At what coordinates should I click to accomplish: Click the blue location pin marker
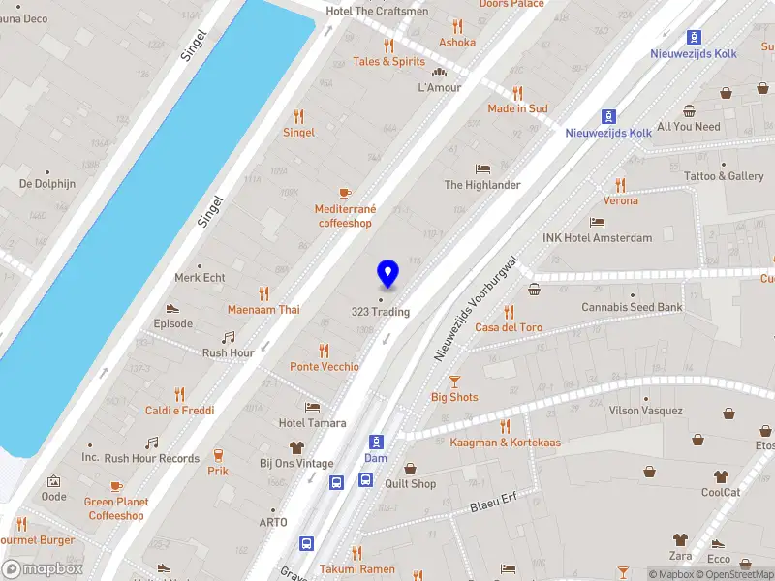(x=387, y=274)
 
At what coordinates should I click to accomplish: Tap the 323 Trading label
(x=380, y=312)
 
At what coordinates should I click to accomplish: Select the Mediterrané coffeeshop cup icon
(x=344, y=193)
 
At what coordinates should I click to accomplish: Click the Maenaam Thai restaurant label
(x=263, y=310)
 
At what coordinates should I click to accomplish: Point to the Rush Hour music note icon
(x=229, y=337)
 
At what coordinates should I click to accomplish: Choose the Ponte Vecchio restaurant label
(x=324, y=367)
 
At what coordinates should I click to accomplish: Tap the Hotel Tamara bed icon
(x=312, y=407)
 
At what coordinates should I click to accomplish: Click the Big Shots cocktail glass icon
(x=454, y=382)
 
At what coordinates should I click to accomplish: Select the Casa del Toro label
(x=509, y=327)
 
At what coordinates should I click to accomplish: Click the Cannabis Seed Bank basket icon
(x=534, y=290)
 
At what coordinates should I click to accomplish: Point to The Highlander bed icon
(x=482, y=168)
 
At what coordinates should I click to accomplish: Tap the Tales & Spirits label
(x=388, y=61)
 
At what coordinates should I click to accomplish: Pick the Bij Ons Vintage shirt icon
(x=296, y=447)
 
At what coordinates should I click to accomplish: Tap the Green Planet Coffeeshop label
(x=116, y=508)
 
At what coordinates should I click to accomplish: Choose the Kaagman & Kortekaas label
(x=505, y=443)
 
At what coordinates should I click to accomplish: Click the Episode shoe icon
(x=172, y=308)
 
